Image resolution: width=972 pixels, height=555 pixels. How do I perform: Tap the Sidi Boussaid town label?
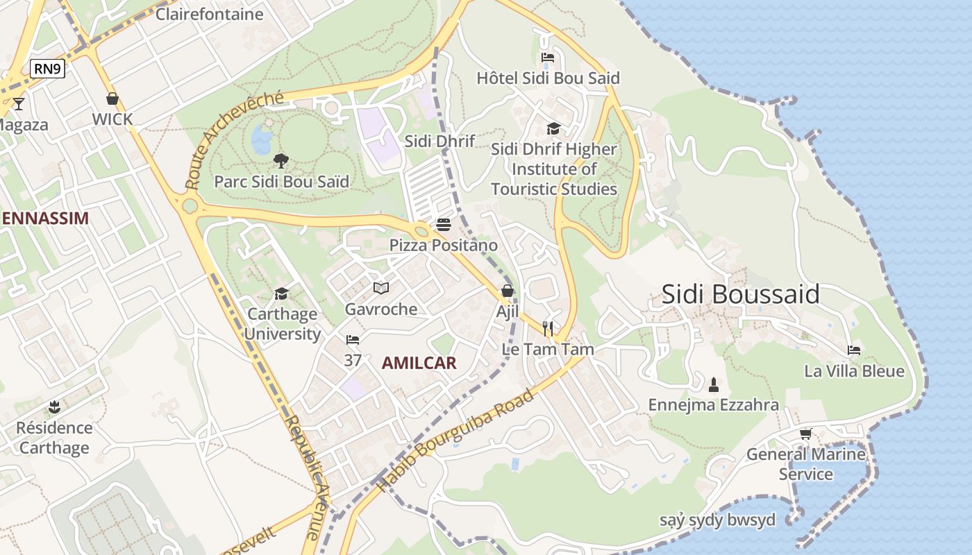[x=740, y=294]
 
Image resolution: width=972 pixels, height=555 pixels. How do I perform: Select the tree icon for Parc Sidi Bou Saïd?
[x=280, y=161]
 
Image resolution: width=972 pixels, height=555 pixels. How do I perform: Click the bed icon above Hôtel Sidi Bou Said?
[x=548, y=58]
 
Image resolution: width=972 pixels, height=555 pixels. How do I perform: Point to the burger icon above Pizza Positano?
[x=444, y=225]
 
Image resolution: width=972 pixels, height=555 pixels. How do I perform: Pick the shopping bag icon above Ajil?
[x=508, y=291]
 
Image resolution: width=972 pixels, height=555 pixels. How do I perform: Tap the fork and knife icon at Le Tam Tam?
[x=548, y=328]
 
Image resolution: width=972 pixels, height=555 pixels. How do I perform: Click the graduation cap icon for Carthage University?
[x=281, y=293]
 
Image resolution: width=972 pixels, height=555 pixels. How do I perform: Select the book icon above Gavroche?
[x=381, y=288]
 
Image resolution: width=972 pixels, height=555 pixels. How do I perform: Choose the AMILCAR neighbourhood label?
[x=419, y=363]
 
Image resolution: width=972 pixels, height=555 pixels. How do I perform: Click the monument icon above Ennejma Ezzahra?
[x=713, y=384]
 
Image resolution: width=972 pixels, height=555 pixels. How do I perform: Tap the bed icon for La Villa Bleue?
[x=854, y=350]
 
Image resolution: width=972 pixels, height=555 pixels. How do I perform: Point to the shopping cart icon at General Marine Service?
[x=805, y=434]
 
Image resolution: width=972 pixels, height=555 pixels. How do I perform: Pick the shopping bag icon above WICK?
[x=112, y=99]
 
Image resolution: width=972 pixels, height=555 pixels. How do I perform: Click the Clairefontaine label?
[x=209, y=14]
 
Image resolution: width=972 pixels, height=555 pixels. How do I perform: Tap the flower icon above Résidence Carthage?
[x=54, y=407]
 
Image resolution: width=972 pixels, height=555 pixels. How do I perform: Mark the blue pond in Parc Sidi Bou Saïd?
[x=262, y=139]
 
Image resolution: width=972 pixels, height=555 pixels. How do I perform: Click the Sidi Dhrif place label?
[x=439, y=141]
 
